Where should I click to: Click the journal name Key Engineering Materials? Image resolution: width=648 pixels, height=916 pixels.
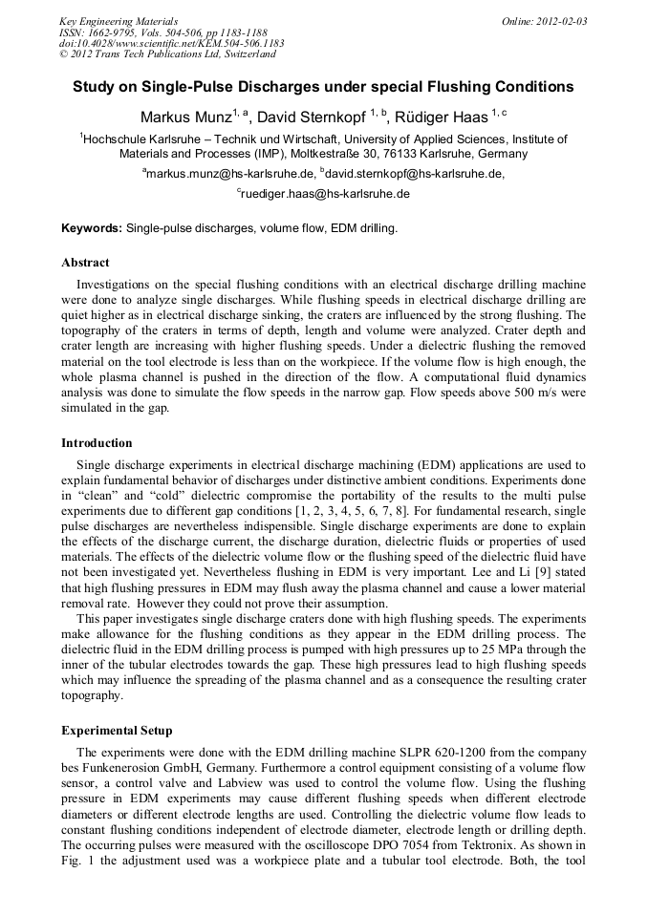118,21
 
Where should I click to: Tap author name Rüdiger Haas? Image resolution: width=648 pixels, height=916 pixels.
439,117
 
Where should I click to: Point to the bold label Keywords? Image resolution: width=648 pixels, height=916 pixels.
92,229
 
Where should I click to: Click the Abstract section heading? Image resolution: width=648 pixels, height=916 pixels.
85,263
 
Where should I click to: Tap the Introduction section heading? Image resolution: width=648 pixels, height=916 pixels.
97,443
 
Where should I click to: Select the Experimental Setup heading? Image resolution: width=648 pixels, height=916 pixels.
117,731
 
